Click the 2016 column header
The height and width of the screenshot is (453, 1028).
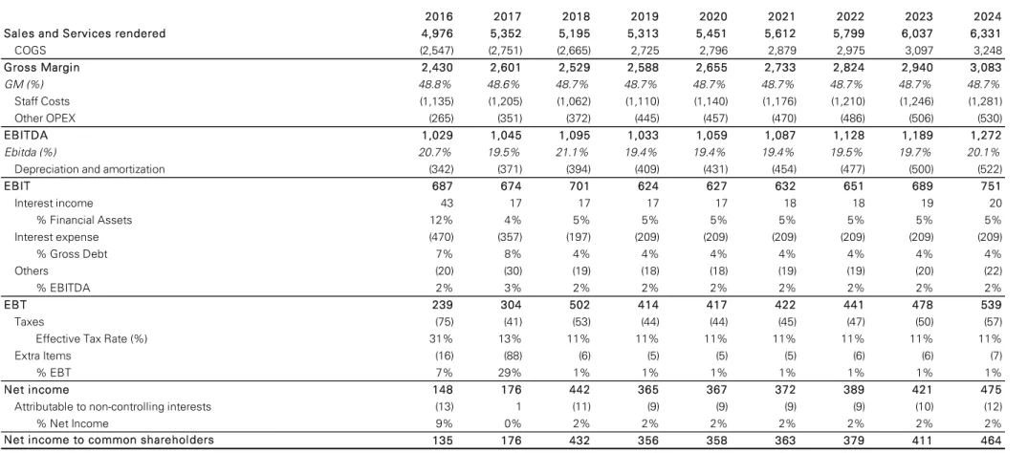pyautogui.click(x=439, y=16)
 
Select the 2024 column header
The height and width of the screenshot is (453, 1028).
pyautogui.click(x=987, y=16)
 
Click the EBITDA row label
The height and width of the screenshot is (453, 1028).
pyautogui.click(x=26, y=135)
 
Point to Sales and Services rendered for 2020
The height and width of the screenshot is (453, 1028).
pyautogui.click(x=712, y=33)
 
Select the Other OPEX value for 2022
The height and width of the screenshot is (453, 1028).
pyautogui.click(x=851, y=119)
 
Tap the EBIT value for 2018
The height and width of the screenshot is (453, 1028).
pyautogui.click(x=580, y=186)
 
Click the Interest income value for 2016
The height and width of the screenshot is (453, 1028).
pyautogui.click(x=447, y=204)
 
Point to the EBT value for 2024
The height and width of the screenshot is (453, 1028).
pyautogui.click(x=991, y=305)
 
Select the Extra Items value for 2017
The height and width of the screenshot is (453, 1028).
pyautogui.click(x=512, y=356)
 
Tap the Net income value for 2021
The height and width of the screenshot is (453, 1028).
pyautogui.click(x=785, y=390)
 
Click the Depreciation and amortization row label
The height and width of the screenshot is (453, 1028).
pyautogui.click(x=90, y=169)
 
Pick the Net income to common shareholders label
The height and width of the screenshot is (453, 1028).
pyautogui.click(x=109, y=440)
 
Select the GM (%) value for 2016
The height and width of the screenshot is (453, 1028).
pyautogui.click(x=436, y=84)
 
